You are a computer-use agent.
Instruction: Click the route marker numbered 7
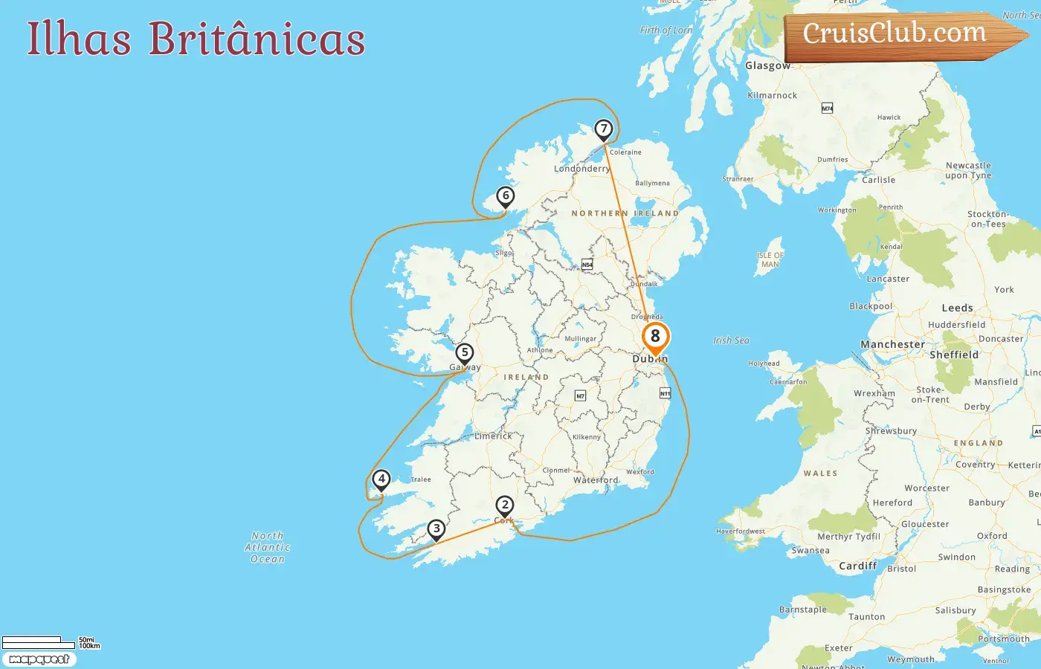click(x=604, y=130)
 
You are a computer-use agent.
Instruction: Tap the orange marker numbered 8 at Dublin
click(x=655, y=337)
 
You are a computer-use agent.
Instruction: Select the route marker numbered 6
click(x=506, y=196)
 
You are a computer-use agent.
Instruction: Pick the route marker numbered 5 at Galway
click(x=465, y=353)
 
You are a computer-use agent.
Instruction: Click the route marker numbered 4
click(x=381, y=479)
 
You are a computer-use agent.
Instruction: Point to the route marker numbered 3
click(x=436, y=529)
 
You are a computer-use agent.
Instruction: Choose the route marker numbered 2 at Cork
click(x=505, y=506)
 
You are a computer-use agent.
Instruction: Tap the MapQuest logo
click(x=39, y=659)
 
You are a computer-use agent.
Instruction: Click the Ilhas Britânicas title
click(x=196, y=39)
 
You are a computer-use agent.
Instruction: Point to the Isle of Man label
click(x=770, y=259)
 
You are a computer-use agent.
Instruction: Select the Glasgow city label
click(x=768, y=65)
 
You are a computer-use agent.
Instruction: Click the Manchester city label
click(x=892, y=345)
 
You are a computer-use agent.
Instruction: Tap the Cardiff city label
click(x=858, y=566)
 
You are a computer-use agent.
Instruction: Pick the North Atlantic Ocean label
click(x=268, y=547)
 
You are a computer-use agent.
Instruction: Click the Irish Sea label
click(x=732, y=340)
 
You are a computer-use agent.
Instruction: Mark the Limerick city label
click(x=494, y=436)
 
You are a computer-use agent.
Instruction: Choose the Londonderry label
click(x=581, y=169)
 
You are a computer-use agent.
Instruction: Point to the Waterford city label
click(x=596, y=480)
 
